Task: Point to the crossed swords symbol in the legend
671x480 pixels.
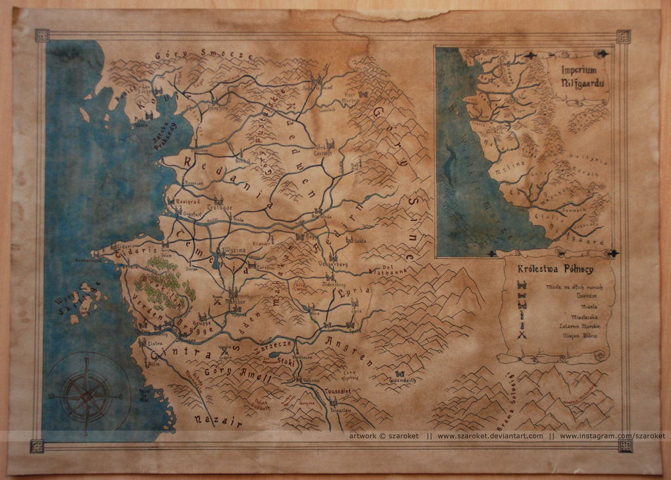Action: coord(522,336)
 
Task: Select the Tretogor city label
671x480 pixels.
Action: coord(220,207)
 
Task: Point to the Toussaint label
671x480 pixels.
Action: coord(338,391)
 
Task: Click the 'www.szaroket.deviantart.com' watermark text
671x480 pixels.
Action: coord(490,436)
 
